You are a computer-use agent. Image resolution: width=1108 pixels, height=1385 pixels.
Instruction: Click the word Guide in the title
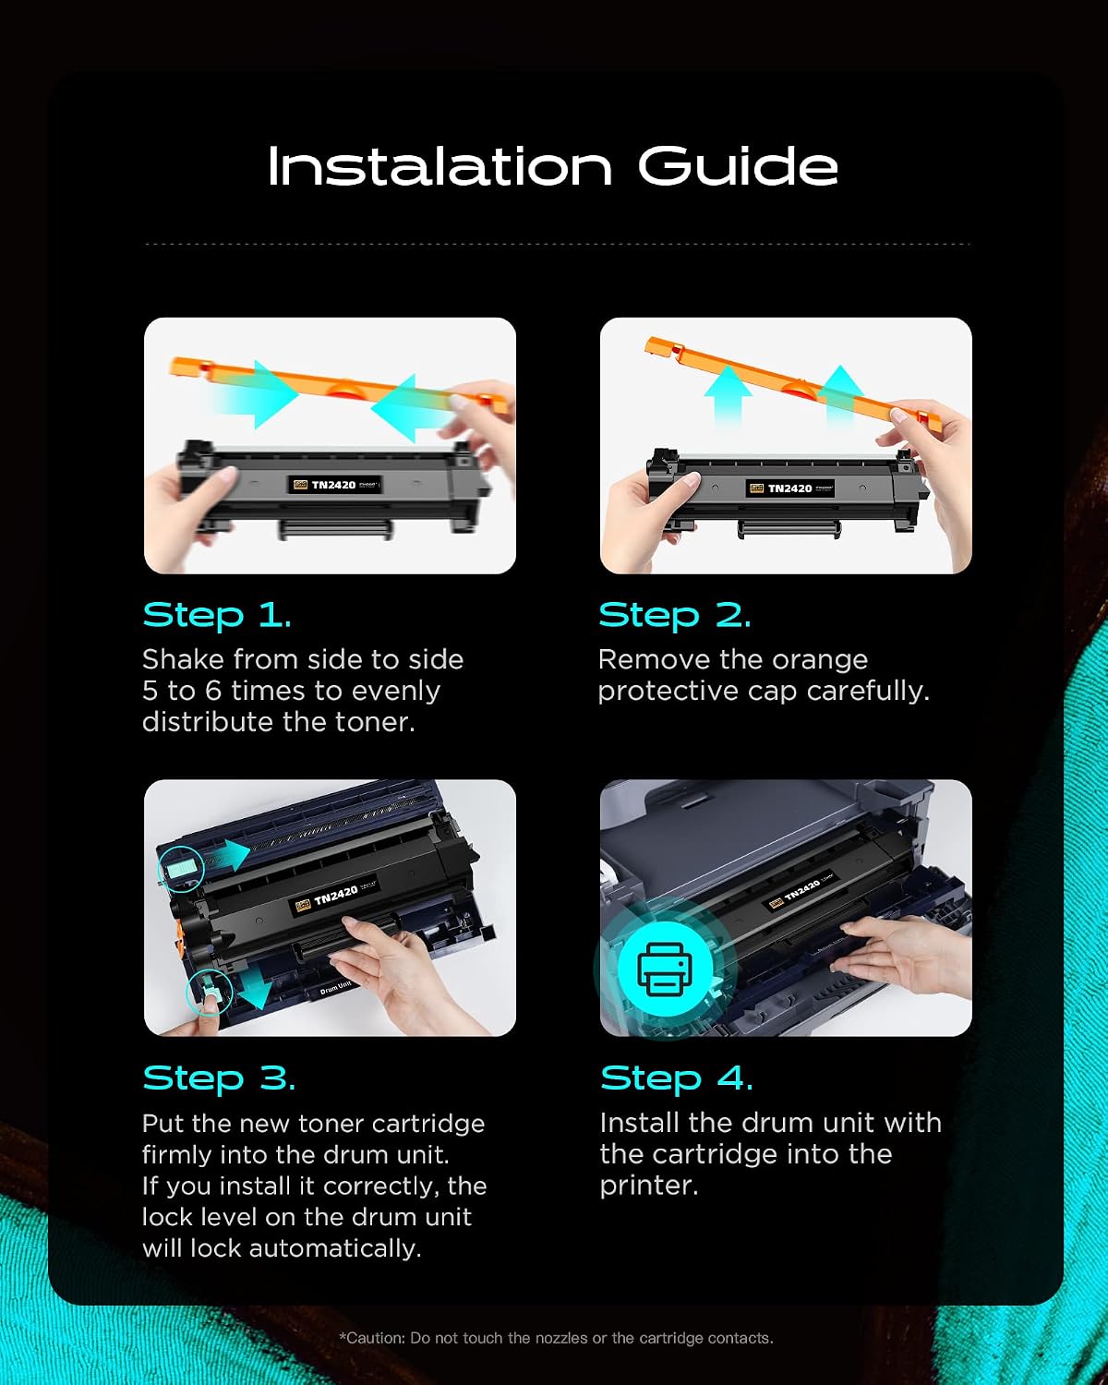738,166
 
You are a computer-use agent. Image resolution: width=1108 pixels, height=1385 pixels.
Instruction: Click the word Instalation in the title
440,166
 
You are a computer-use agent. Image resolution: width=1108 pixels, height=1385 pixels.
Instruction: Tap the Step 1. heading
217,615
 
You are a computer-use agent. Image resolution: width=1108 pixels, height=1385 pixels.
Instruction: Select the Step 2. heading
675,615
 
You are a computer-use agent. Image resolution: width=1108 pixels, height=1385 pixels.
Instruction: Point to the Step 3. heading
219,1078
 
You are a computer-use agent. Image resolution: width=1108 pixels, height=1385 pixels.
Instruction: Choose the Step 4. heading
676,1078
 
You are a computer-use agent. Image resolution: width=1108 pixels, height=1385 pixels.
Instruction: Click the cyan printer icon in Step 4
665,969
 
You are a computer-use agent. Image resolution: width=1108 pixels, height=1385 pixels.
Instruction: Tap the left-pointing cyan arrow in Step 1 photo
411,407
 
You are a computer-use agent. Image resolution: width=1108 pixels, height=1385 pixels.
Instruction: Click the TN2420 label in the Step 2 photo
790,488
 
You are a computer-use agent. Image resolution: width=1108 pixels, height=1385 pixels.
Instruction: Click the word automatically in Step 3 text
335,1249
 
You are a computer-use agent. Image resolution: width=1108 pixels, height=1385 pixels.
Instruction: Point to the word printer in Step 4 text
649,1186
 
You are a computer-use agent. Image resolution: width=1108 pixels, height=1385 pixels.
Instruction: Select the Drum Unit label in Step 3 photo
335,988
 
